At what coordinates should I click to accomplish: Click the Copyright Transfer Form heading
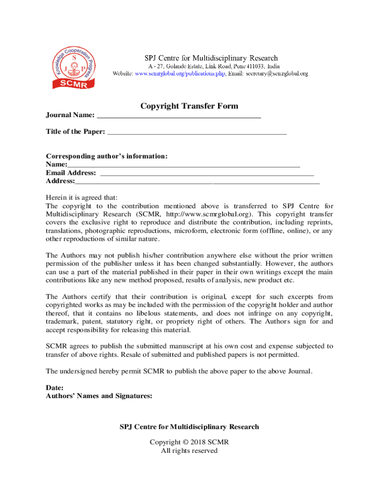click(x=189, y=106)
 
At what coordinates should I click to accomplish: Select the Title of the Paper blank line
click(x=197, y=131)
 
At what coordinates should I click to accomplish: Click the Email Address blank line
click(x=207, y=173)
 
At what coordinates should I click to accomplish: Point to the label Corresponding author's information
click(x=107, y=156)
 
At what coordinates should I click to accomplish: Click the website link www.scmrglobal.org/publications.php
click(x=180, y=74)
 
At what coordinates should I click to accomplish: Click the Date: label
click(x=55, y=388)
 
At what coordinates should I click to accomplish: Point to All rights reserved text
click(x=189, y=450)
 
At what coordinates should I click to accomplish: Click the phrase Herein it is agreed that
click(x=82, y=197)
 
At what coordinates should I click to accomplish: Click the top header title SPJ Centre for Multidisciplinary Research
click(x=210, y=58)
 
